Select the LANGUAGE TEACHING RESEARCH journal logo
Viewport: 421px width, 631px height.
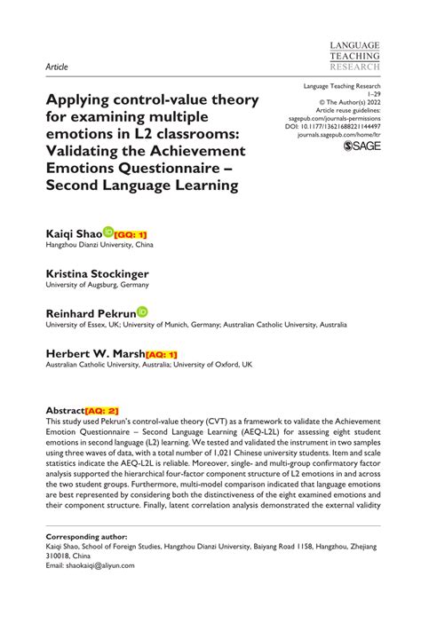point(353,55)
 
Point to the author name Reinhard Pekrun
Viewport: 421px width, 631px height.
point(91,313)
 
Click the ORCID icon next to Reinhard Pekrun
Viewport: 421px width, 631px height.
point(142,312)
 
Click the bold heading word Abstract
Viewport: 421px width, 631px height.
point(65,411)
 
